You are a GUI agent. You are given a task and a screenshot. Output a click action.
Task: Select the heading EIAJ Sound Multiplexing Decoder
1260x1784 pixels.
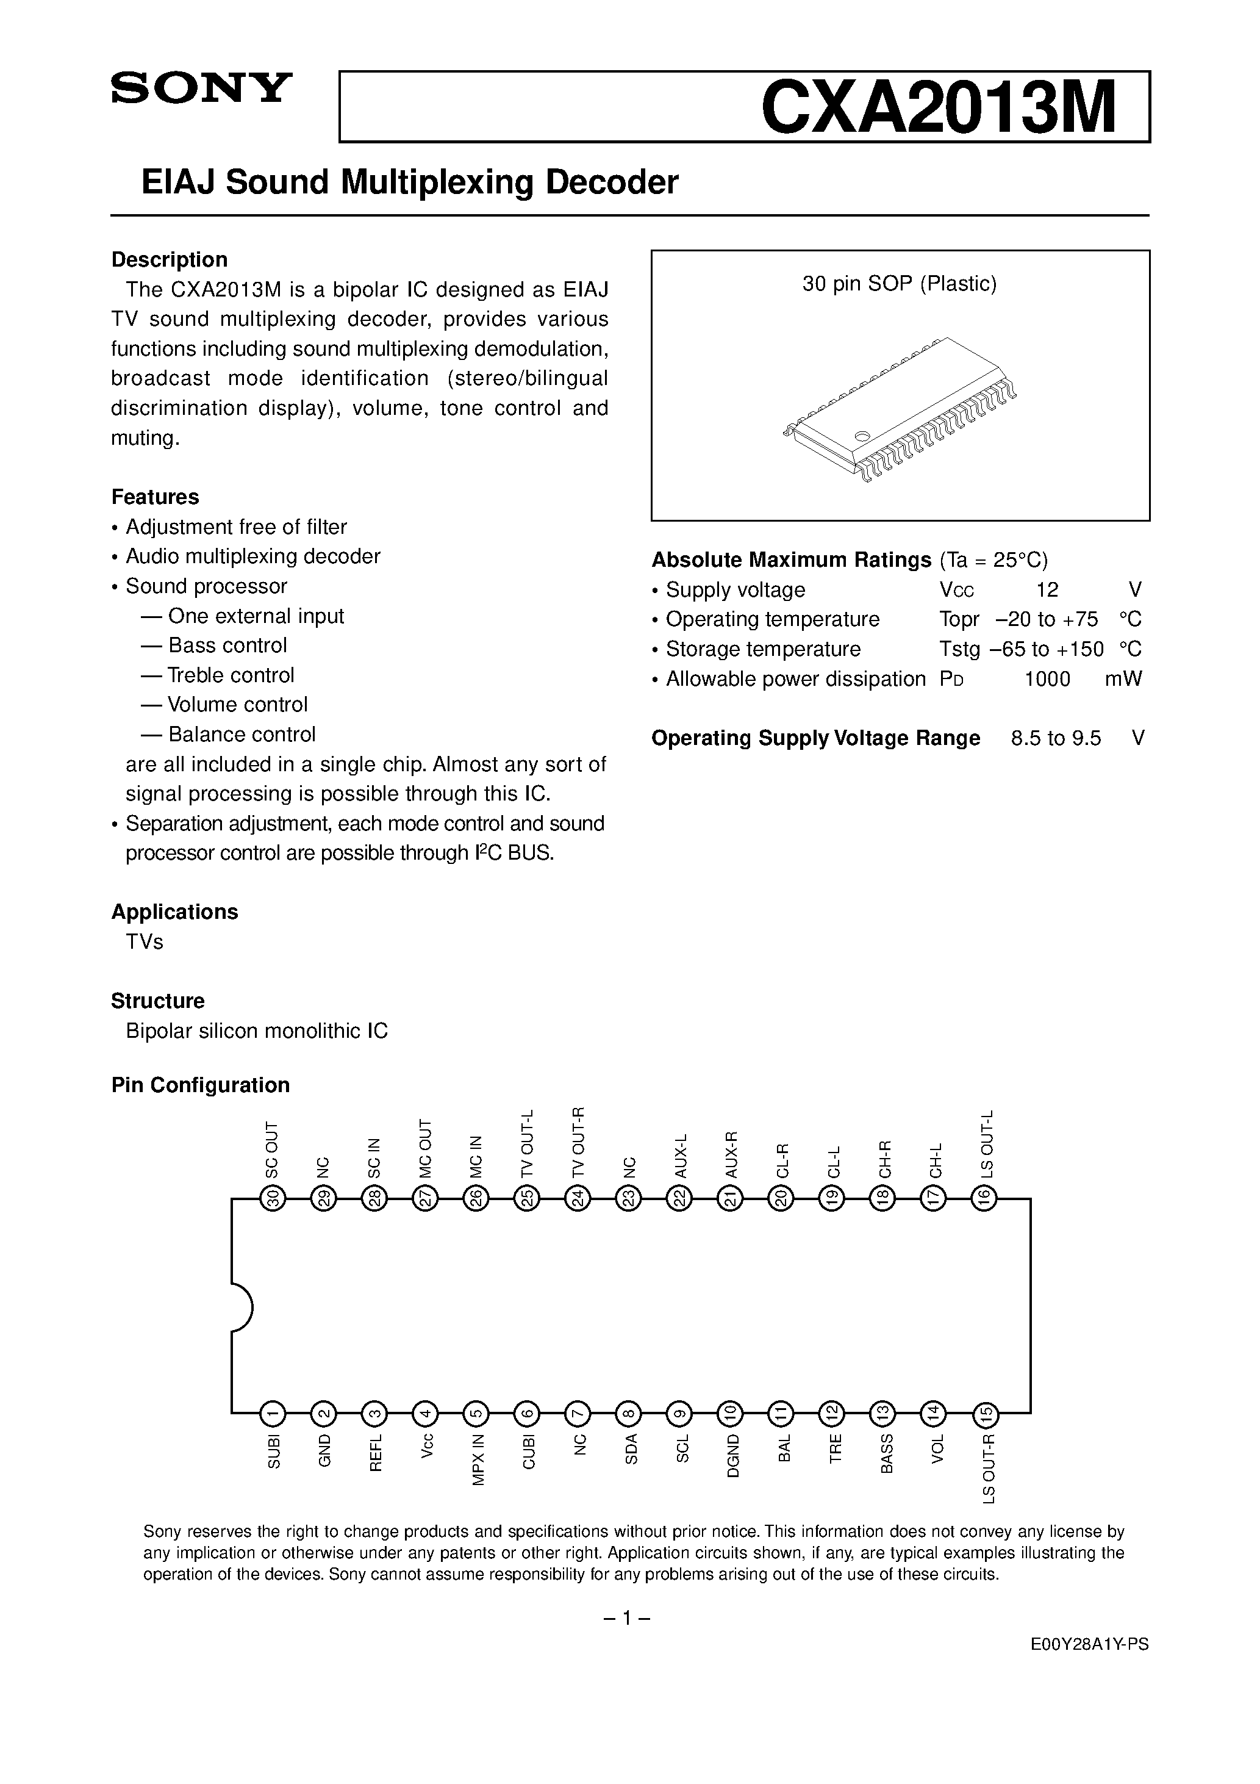[x=409, y=182]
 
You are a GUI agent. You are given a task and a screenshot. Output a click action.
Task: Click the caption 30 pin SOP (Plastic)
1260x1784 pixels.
[x=899, y=284]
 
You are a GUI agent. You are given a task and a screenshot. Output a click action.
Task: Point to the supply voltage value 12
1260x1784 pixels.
[x=1047, y=590]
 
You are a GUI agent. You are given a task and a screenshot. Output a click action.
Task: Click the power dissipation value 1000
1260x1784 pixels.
[x=1047, y=679]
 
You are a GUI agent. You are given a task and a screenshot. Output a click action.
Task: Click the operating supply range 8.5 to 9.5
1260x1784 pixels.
[x=1056, y=738]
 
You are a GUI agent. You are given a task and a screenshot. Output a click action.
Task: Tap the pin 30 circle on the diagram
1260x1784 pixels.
[x=273, y=1199]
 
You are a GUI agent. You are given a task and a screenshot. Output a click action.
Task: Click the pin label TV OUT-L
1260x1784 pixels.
[x=528, y=1142]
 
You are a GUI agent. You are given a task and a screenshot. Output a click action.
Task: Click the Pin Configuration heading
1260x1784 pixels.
[x=201, y=1085]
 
